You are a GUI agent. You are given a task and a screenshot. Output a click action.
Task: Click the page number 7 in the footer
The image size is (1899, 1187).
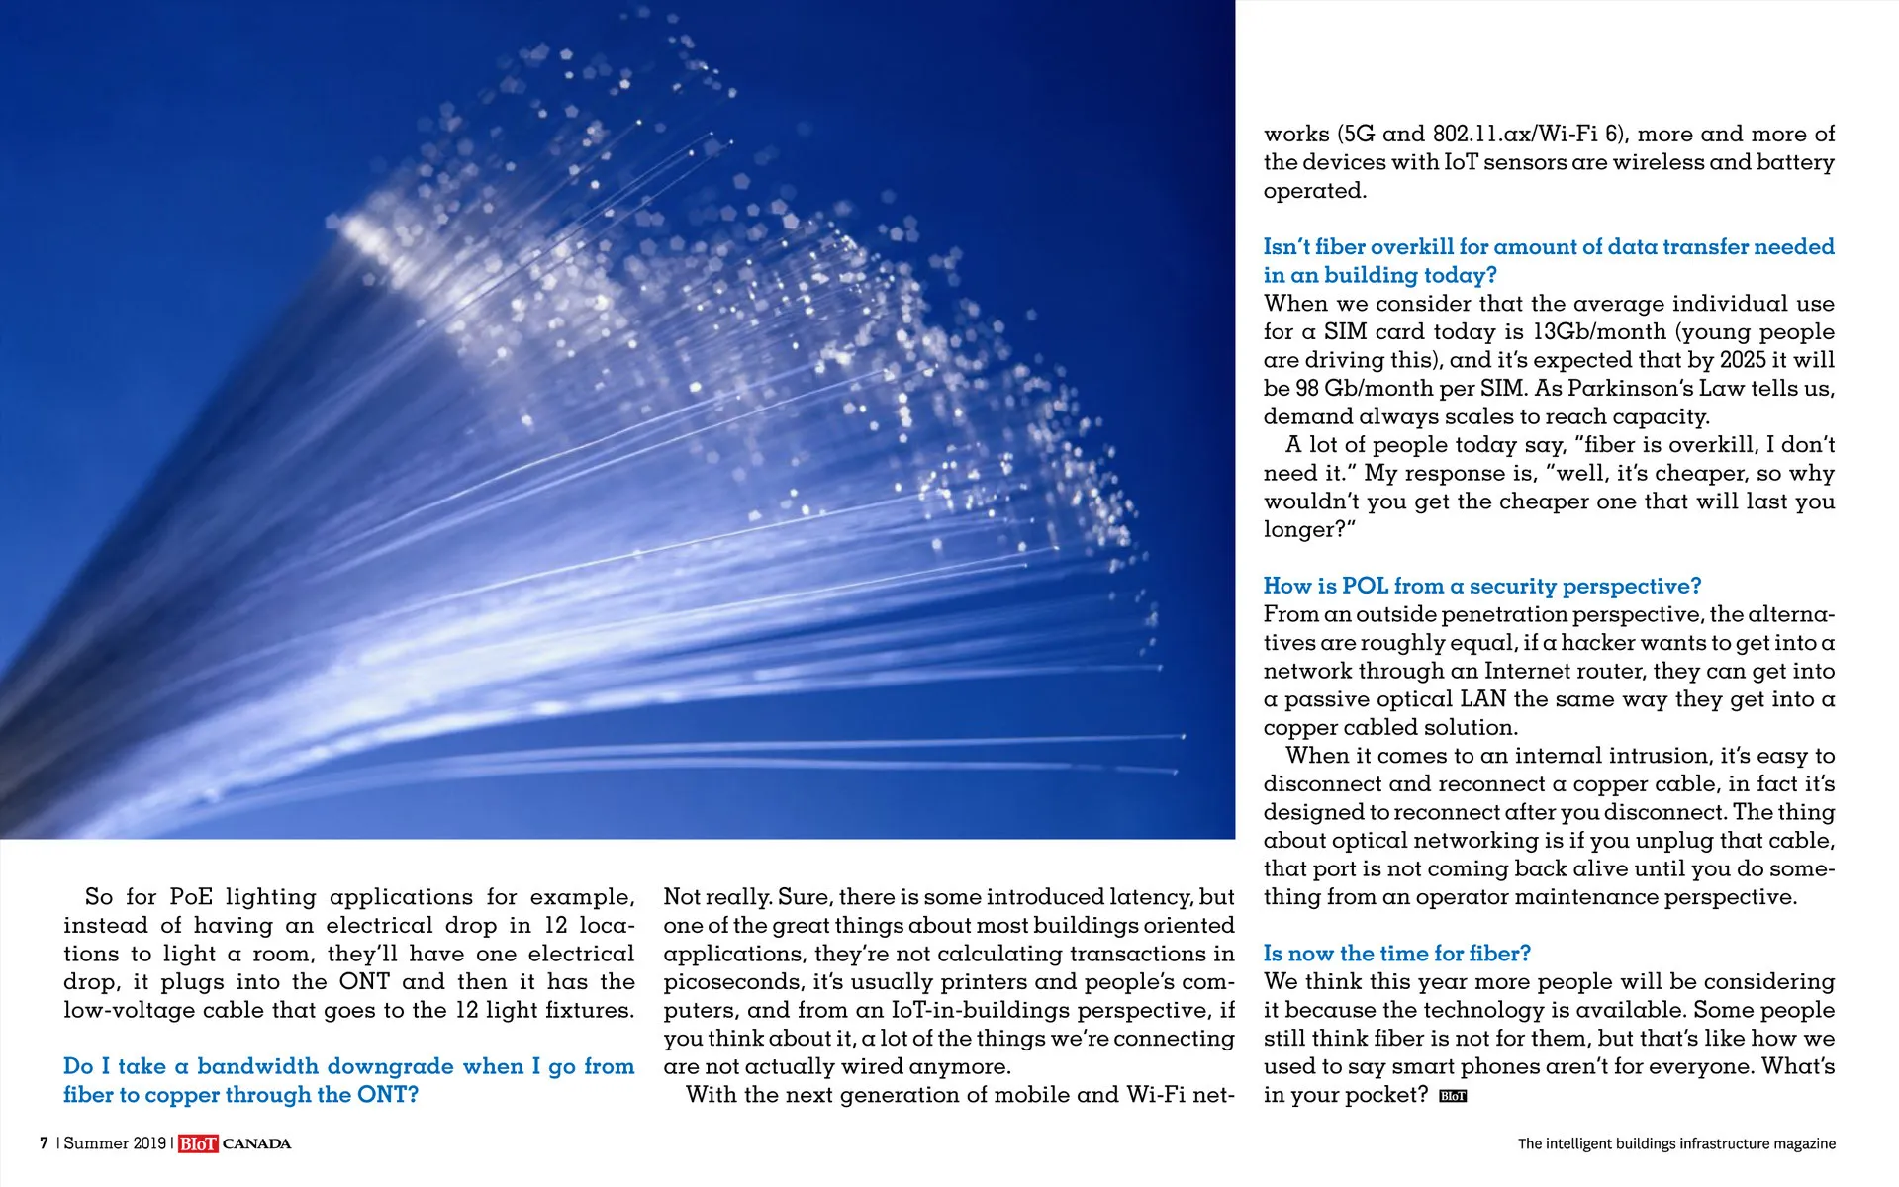click(x=44, y=1143)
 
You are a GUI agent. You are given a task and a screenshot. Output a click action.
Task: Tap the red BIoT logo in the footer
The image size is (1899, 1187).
click(x=198, y=1144)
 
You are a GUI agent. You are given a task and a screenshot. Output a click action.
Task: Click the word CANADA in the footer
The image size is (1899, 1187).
click(x=257, y=1144)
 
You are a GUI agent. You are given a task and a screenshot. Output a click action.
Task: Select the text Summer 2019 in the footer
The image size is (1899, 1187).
click(x=115, y=1143)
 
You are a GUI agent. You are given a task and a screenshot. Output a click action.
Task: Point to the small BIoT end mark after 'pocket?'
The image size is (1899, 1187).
click(x=1453, y=1096)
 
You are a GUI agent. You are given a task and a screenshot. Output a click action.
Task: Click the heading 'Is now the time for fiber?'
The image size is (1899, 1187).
click(x=1396, y=954)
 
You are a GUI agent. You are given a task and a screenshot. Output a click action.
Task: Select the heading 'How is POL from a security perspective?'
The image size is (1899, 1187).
click(x=1481, y=587)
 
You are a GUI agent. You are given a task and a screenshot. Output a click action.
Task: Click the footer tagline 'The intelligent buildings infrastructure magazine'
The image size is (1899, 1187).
click(x=1676, y=1144)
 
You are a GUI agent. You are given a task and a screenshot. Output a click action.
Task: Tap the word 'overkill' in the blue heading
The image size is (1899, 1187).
click(x=1412, y=247)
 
